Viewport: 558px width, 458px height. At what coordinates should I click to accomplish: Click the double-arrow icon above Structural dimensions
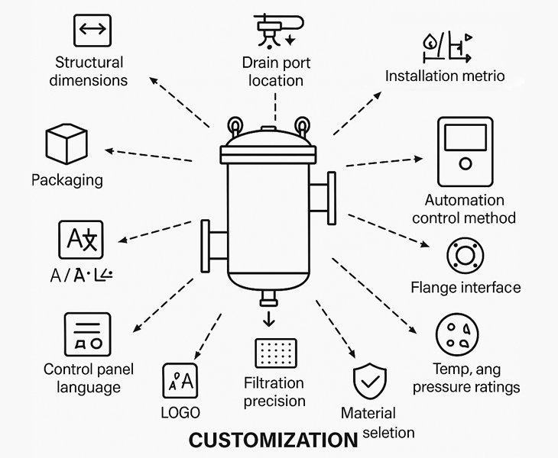(x=92, y=30)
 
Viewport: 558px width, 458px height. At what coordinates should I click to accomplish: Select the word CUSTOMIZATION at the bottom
(x=273, y=440)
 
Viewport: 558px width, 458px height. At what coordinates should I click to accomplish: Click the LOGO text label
(x=180, y=413)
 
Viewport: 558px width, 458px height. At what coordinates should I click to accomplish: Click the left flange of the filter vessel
(x=206, y=246)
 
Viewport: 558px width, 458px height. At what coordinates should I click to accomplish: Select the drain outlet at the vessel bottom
(x=267, y=296)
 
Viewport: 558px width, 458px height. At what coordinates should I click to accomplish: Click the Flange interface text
(x=465, y=288)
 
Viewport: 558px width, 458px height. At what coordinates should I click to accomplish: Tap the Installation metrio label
(x=444, y=76)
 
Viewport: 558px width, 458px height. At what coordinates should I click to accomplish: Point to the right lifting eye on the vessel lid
(x=303, y=124)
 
